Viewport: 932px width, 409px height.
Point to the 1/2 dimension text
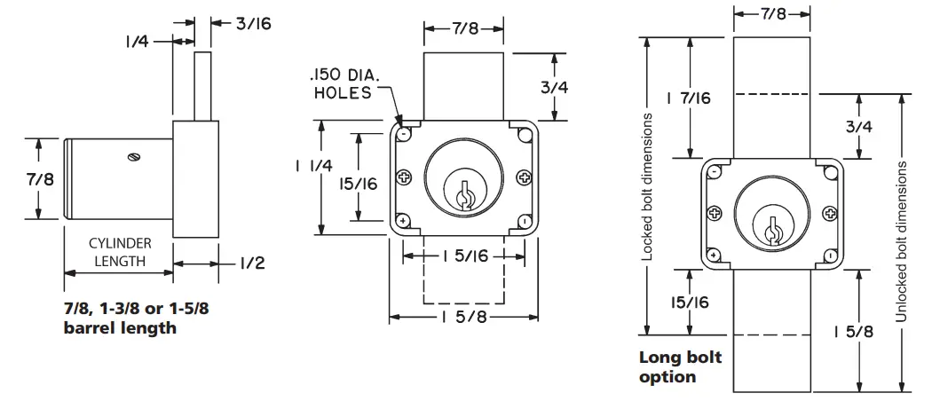click(252, 263)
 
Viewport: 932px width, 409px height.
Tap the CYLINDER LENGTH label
click(119, 252)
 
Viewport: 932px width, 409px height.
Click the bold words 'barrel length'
click(120, 328)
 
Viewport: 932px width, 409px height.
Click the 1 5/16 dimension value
click(462, 256)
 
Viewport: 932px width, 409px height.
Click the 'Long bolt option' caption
click(680, 367)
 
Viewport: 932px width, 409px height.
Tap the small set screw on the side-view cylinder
click(135, 157)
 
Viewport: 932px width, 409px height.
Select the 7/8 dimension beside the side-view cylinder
click(39, 180)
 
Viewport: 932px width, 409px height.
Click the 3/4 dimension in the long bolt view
click(859, 127)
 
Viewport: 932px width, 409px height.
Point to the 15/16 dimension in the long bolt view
click(690, 303)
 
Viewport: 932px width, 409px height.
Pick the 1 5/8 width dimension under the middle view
click(464, 318)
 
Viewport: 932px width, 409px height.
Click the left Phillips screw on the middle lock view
click(406, 177)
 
